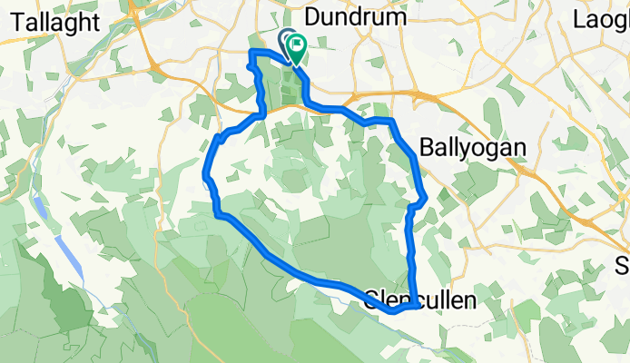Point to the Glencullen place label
420,299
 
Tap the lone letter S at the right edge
623,266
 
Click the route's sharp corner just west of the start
251,54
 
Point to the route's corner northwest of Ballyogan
391,121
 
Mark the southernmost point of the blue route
393,310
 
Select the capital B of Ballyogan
428,145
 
